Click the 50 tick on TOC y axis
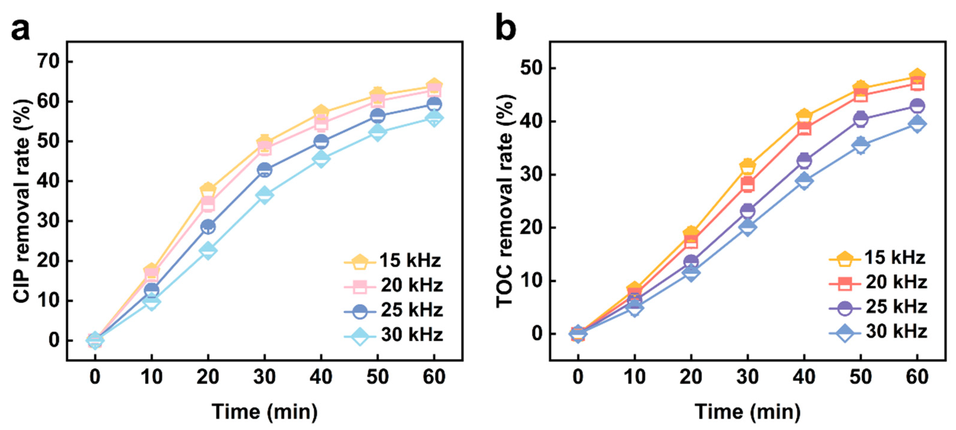532,68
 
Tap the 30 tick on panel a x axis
264,377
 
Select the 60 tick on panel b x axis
917,377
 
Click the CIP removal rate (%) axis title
22,201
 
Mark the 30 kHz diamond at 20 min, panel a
208,251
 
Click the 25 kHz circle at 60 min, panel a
434,104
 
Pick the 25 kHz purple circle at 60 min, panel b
917,106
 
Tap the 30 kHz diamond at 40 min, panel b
804,181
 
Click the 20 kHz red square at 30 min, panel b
748,184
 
